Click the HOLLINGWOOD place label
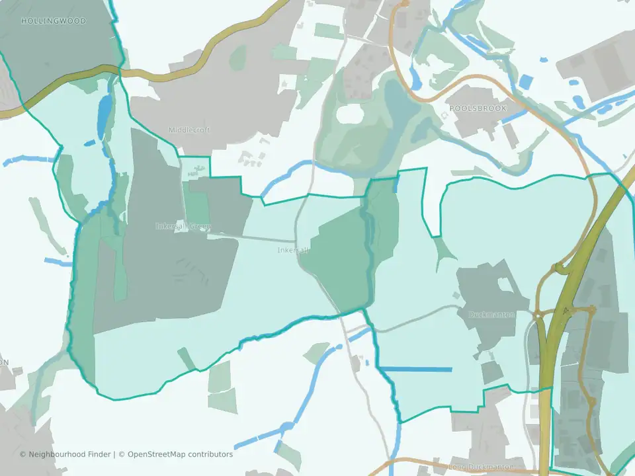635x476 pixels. [44, 21]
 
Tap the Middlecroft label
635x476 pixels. [189, 130]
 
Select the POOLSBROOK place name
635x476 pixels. [478, 108]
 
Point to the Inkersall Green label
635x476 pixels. [183, 226]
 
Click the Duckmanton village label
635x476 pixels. [491, 315]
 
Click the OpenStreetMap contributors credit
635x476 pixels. [180, 454]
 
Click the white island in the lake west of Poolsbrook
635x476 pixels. [351, 113]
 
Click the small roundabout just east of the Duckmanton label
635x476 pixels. [539, 316]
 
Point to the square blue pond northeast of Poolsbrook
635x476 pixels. [525, 83]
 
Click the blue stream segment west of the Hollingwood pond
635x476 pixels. [26, 161]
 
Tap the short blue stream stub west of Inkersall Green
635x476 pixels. [58, 262]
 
